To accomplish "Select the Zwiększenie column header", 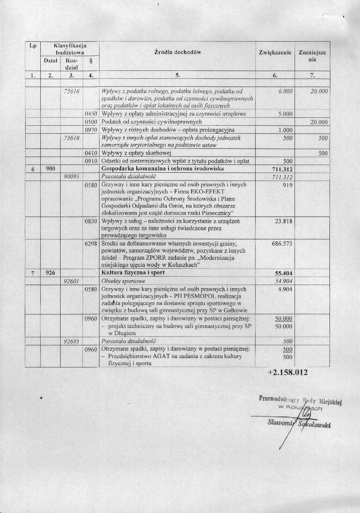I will (275, 52).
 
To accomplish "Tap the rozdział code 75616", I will (71, 91).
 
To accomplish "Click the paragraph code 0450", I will (91, 114).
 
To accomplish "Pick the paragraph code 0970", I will (91, 130).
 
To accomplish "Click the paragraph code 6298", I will (91, 244).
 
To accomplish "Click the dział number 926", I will (50, 274).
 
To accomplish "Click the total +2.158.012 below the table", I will (287, 372).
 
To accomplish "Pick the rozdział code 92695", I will (71, 342).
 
